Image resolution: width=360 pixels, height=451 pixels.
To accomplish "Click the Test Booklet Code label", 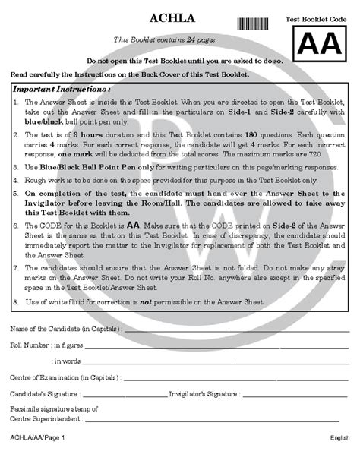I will tap(320, 17).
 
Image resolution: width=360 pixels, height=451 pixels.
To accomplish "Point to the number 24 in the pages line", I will tap(183, 39).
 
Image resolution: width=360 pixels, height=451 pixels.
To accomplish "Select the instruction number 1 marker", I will tap(16, 102).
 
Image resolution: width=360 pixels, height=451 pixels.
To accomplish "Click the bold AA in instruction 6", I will tap(133, 225).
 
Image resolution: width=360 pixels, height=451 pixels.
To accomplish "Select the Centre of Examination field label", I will tap(65, 377).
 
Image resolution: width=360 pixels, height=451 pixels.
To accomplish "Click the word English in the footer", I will tap(339, 438).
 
